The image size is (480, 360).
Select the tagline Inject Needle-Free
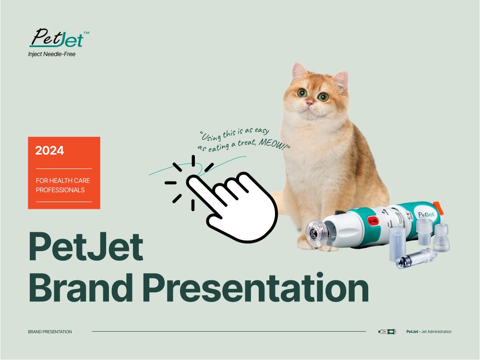[52, 54]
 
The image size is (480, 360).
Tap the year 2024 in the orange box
[49, 150]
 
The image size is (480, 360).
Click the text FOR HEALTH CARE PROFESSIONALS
[63, 185]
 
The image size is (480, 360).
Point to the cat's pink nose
[310, 103]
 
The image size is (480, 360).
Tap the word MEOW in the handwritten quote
[272, 144]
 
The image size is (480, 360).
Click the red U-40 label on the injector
[373, 221]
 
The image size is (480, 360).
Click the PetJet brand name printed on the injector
[426, 214]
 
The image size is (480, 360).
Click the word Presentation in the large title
[256, 288]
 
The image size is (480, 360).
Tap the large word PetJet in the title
[86, 246]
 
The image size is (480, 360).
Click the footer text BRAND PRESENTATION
[50, 332]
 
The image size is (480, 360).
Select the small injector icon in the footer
[387, 332]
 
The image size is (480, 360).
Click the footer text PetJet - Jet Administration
[429, 332]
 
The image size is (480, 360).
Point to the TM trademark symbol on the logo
[86, 33]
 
